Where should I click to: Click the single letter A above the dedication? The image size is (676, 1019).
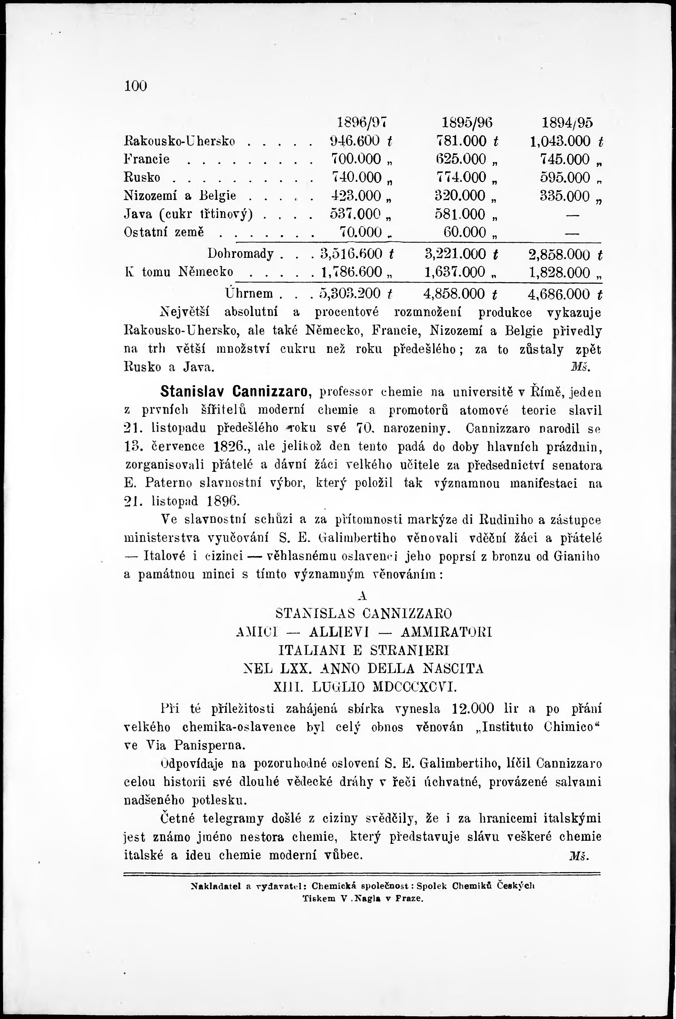coord(362,596)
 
